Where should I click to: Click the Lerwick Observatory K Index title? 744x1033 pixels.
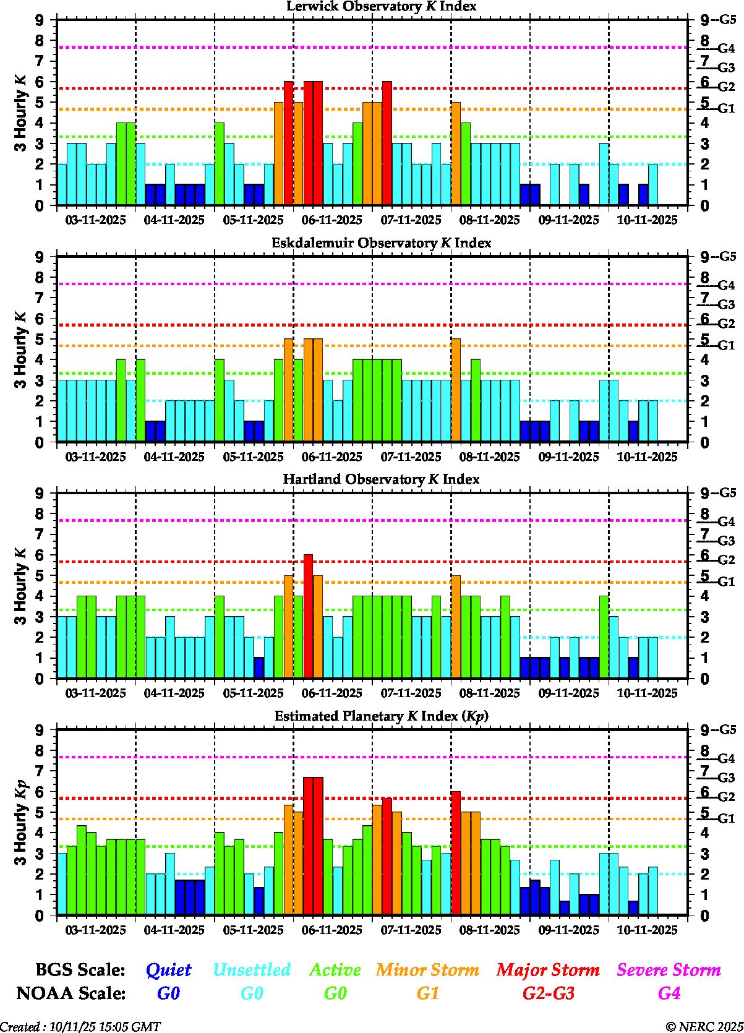381,6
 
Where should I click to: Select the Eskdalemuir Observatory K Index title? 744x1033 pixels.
381,242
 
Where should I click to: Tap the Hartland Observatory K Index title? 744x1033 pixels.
381,479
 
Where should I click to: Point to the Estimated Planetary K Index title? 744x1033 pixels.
381,716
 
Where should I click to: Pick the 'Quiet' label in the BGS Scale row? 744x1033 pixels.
168,969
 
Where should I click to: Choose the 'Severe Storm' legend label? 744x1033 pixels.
669,969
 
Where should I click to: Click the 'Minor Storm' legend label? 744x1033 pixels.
427,969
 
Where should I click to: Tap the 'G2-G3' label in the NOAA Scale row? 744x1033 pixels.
548,993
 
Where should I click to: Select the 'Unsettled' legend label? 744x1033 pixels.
252,969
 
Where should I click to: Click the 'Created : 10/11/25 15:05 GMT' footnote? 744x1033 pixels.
80,1026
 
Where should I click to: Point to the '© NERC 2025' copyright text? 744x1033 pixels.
704,1026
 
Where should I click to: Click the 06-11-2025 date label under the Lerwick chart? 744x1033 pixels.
332,220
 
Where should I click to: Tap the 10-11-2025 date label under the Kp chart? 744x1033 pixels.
648,930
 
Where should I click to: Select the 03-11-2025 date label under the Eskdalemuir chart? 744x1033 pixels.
95,457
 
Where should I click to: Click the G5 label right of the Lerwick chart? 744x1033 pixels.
727,20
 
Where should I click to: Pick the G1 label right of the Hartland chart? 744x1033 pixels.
726,581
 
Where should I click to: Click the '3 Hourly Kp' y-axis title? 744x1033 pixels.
21,822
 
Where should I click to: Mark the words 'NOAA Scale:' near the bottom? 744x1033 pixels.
71,993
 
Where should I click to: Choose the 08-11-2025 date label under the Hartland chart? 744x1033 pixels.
490,693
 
